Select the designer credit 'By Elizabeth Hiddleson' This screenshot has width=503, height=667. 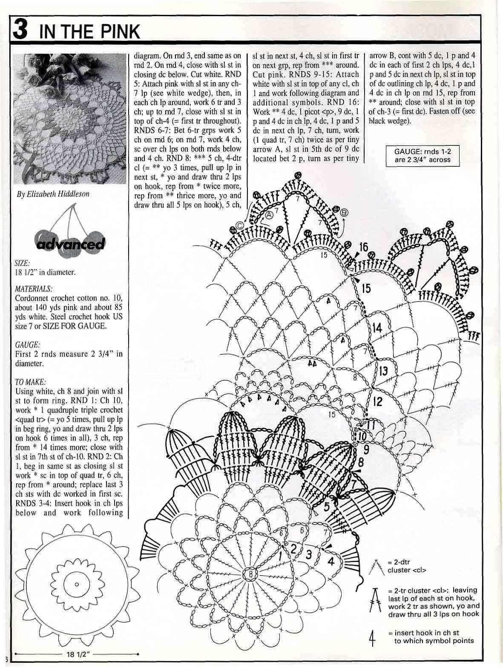[53, 194]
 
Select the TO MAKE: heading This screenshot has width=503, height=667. [30, 382]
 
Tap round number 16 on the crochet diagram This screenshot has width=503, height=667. [363, 247]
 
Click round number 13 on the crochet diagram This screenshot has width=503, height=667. [383, 371]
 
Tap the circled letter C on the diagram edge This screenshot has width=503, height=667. [240, 226]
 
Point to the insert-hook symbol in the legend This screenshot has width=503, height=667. [372, 638]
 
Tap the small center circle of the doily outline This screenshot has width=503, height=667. [77, 584]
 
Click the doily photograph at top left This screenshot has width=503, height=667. [70, 119]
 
